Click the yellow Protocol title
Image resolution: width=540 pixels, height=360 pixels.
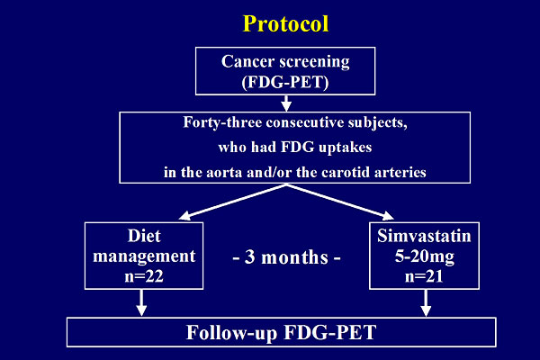coord(285,23)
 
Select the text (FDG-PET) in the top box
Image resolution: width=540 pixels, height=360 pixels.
coord(285,82)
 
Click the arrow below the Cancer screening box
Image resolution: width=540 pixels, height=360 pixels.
coord(286,103)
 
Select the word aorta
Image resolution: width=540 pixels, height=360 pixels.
coord(224,172)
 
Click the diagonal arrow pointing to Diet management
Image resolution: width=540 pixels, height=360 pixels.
coord(233,202)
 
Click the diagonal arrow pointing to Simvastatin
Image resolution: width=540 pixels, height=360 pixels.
coord(340,202)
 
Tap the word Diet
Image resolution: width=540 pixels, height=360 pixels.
coord(144,236)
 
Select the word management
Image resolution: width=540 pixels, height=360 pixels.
coord(144,256)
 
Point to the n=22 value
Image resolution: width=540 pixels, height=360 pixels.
coord(144,276)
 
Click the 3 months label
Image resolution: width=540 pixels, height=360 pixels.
coord(286,257)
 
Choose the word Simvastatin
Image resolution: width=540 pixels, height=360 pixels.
coord(424,236)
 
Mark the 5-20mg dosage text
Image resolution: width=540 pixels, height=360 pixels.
coord(424,256)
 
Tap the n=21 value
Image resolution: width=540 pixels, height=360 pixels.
coord(424,276)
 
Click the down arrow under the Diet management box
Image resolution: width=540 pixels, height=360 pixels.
coord(141,302)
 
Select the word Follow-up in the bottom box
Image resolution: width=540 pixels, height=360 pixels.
coord(232,333)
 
